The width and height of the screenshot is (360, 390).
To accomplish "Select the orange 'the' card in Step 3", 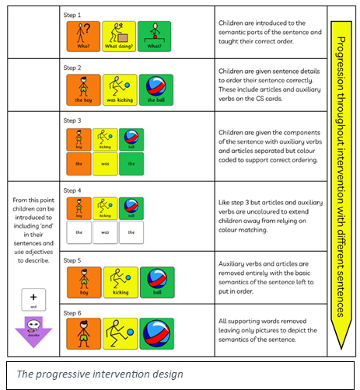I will (x=79, y=162).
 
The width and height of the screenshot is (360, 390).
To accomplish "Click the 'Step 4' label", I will (x=72, y=190).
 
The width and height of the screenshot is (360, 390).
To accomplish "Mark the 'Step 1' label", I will (x=72, y=15).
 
